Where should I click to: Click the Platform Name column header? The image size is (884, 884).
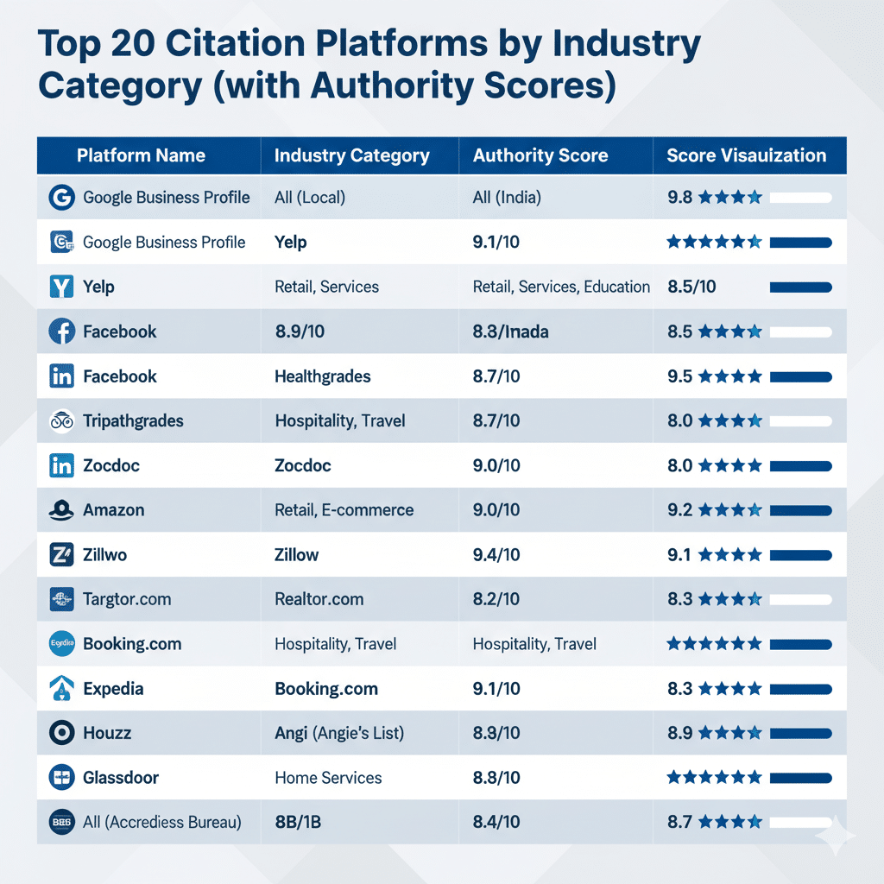point(141,156)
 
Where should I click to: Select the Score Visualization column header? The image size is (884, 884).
point(746,156)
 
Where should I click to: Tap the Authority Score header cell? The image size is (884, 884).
point(540,156)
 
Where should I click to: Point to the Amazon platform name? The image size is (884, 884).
point(113,510)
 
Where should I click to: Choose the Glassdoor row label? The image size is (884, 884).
point(120,778)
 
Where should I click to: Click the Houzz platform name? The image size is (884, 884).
point(107,733)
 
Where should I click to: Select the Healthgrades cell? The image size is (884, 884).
point(322,376)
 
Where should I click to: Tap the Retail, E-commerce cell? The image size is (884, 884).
point(344,510)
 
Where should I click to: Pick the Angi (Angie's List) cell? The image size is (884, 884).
point(339,733)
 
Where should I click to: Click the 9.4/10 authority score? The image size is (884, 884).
point(496,555)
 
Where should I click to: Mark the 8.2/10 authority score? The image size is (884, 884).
point(496,599)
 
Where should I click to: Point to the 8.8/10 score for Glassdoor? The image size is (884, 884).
point(496,778)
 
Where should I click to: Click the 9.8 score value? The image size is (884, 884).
point(680,198)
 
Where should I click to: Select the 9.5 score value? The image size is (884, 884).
point(680,376)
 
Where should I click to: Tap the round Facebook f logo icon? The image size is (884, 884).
point(62,331)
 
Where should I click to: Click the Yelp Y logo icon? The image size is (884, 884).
point(62,287)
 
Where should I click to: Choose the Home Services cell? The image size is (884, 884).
point(328,778)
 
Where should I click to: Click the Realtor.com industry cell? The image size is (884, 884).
point(319,599)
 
